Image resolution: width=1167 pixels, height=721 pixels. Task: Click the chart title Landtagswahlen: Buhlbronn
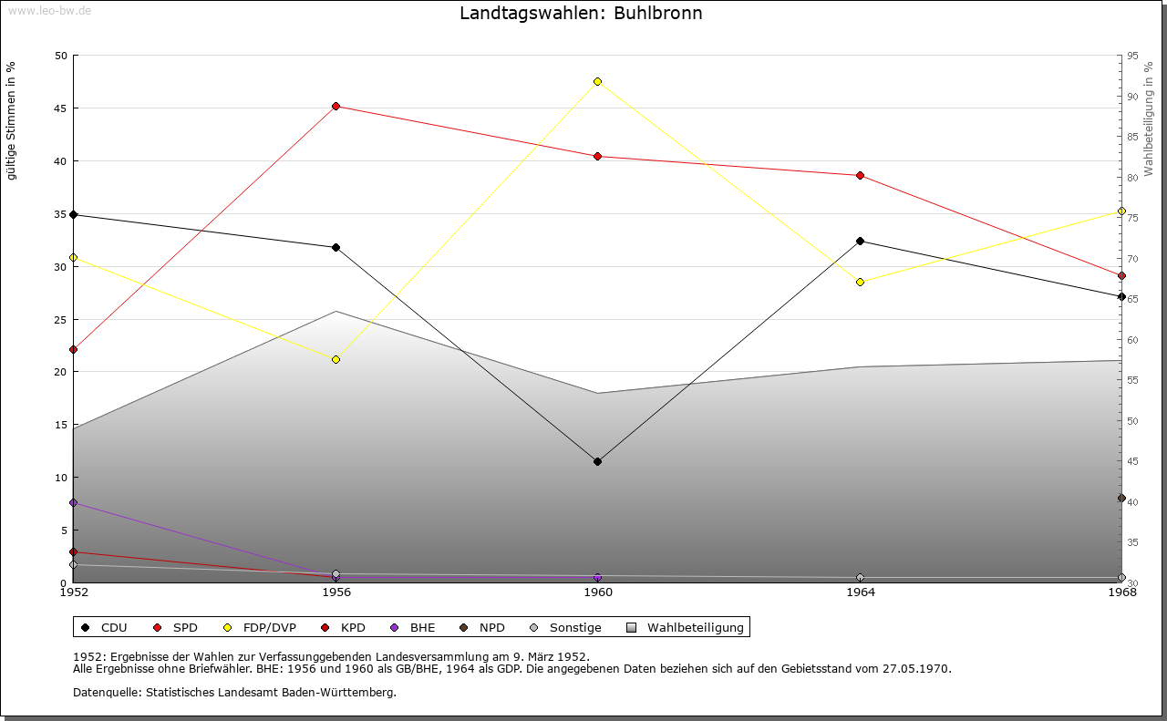click(x=581, y=14)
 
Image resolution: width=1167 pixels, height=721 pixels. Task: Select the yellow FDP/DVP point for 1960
click(x=598, y=82)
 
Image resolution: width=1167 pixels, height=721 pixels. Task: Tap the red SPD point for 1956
click(x=336, y=107)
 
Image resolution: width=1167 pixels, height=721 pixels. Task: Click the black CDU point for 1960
click(x=598, y=461)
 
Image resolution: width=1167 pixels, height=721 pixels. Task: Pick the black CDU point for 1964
click(x=860, y=242)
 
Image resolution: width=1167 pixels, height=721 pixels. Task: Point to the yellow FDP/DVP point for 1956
click(x=336, y=359)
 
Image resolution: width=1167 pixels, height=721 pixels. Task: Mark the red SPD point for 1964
click(x=860, y=176)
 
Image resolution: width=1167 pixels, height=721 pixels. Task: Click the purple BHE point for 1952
click(x=74, y=503)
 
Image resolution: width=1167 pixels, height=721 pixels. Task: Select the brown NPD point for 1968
click(x=1121, y=499)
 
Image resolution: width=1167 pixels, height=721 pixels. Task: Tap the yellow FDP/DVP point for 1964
click(x=860, y=282)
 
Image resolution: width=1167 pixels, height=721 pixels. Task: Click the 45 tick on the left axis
click(x=61, y=108)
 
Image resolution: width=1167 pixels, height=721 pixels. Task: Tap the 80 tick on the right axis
click(x=1131, y=178)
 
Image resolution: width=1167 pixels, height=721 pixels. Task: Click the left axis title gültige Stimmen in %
click(x=12, y=120)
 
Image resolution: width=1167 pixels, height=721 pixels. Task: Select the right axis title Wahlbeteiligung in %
click(x=1149, y=118)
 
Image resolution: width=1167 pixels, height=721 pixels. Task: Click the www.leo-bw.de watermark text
click(x=49, y=10)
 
